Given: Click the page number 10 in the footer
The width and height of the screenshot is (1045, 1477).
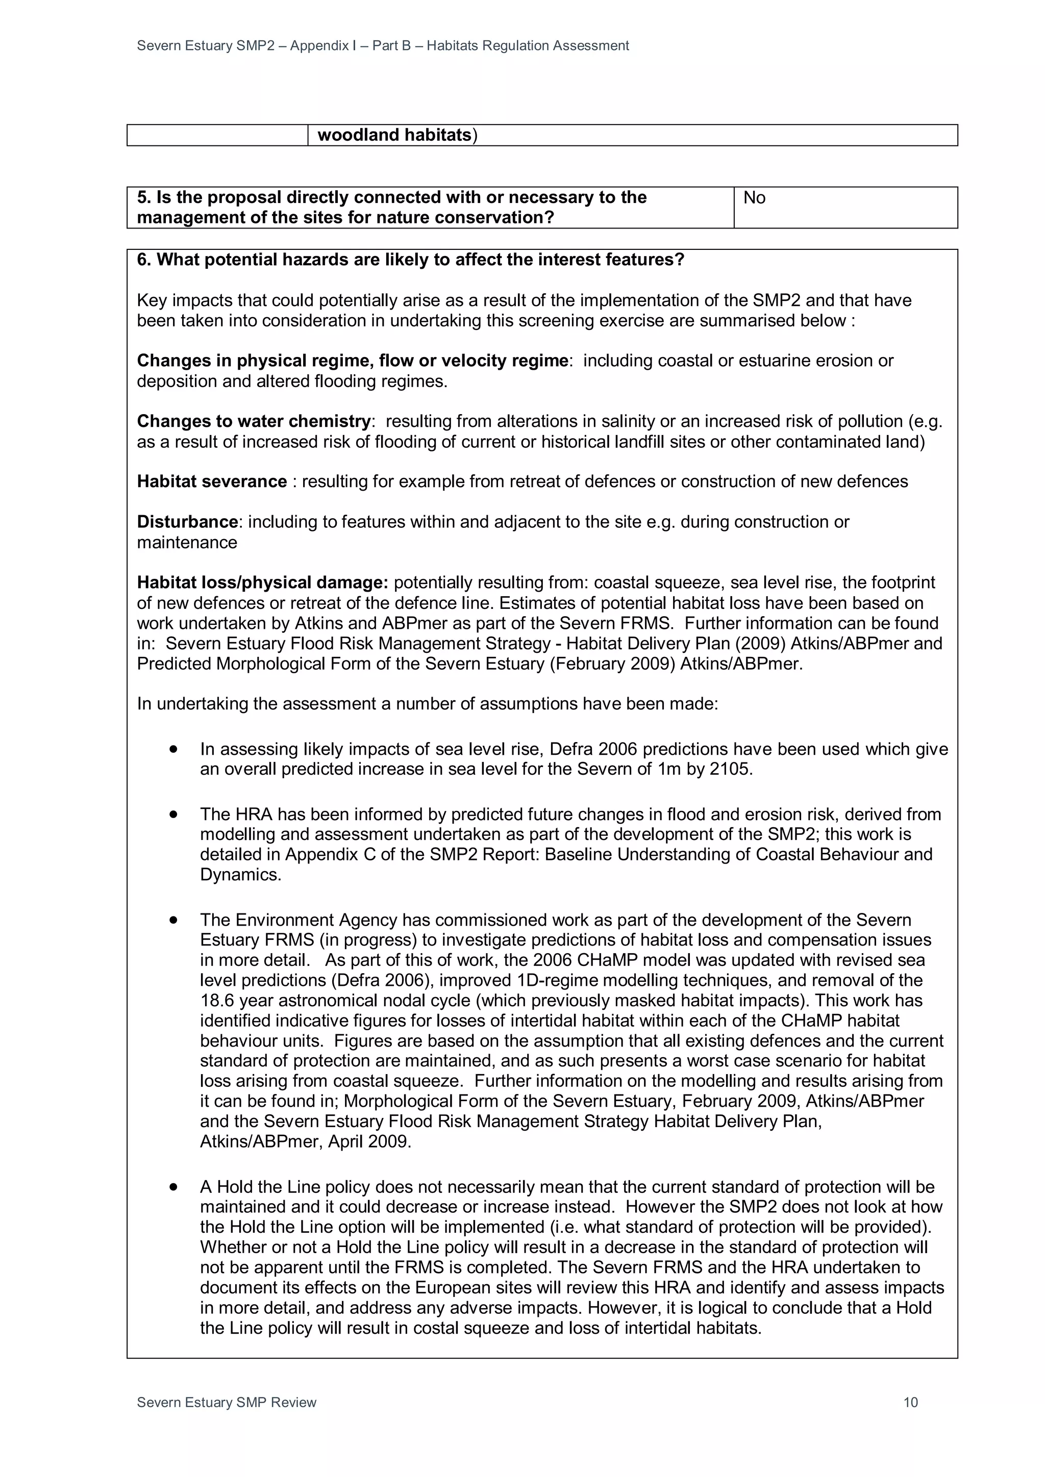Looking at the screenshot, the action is [910, 1403].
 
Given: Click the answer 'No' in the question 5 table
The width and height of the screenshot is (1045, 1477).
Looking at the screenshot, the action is [754, 197].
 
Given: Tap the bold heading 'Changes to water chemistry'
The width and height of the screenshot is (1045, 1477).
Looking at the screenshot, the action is [254, 421].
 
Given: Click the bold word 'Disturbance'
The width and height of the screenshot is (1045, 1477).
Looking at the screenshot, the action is [187, 522].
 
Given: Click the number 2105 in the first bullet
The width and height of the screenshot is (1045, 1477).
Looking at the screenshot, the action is [730, 770].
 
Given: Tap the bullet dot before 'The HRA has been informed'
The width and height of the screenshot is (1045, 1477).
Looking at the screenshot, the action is [173, 814].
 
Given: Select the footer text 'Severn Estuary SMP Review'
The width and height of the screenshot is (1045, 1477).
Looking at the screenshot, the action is [227, 1403].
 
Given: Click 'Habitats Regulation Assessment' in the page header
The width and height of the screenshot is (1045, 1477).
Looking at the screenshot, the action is [528, 46].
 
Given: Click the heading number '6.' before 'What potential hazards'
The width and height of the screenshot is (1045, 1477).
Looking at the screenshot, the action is [145, 260].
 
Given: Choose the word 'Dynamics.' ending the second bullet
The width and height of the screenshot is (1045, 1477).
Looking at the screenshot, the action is [241, 875].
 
